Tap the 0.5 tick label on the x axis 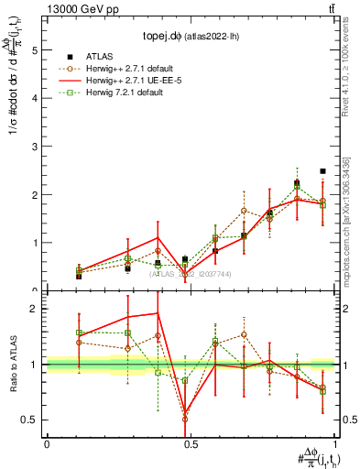pyautogui.click(x=191, y=444)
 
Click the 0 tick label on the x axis pyautogui.click(x=47, y=444)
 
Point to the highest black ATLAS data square pyautogui.click(x=322, y=171)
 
